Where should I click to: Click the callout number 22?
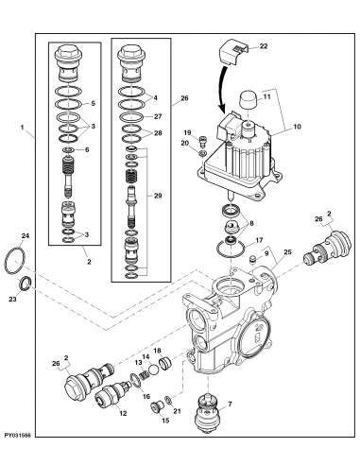tap(264, 46)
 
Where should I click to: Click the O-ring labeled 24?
tap(14, 257)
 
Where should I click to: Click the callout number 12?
tap(123, 412)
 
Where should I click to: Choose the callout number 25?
tap(288, 252)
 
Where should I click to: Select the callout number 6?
tap(88, 150)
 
